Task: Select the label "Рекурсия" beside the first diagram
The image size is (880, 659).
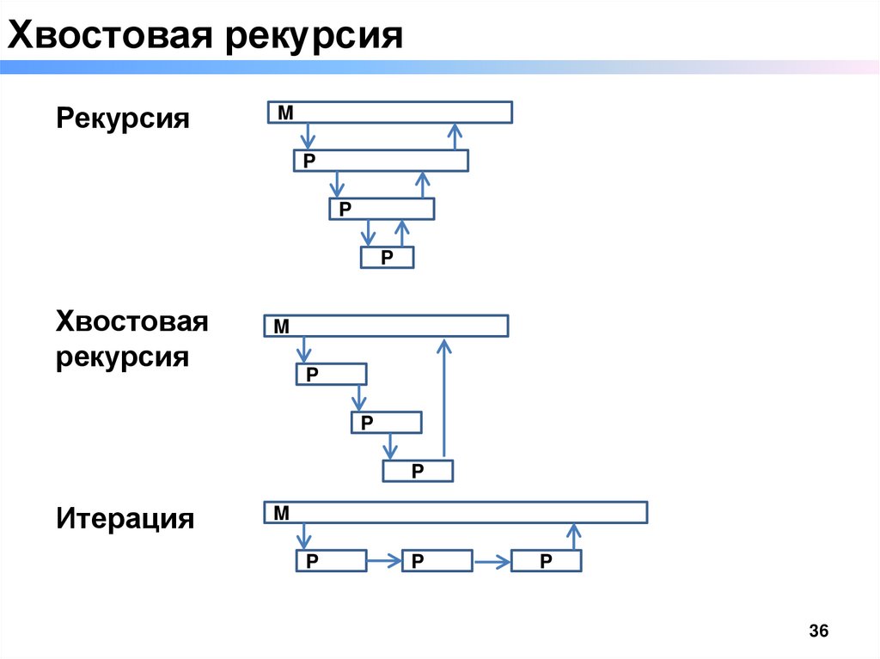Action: tap(123, 118)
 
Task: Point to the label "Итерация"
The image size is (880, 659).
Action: tap(125, 519)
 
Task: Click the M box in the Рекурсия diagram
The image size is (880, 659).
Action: tap(389, 113)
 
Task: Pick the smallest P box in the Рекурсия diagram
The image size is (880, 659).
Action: tap(388, 257)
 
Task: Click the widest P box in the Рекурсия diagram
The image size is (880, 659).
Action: tap(381, 161)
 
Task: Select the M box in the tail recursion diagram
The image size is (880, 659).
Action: tap(386, 326)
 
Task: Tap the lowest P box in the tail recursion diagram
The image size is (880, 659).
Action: tap(418, 471)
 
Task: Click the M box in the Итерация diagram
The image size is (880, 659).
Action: tap(455, 512)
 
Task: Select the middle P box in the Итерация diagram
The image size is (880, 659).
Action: tap(437, 561)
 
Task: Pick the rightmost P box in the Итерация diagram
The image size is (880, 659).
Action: tap(547, 561)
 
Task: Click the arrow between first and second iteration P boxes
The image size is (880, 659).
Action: tap(384, 562)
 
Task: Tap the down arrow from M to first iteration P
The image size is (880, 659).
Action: tap(302, 537)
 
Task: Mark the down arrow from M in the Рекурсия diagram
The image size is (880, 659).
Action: tap(309, 136)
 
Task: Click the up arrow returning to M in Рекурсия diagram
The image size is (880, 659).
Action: tap(455, 136)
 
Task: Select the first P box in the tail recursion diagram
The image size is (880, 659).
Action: tap(332, 374)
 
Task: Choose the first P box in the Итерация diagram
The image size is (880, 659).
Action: tap(332, 561)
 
